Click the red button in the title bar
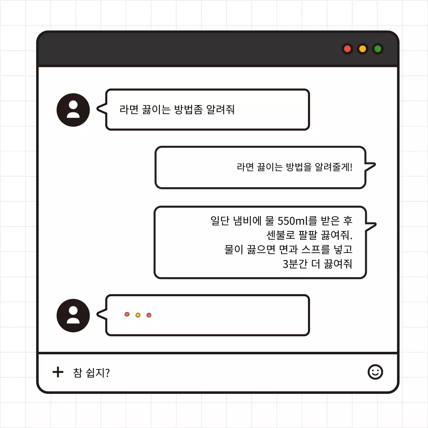coord(347,49)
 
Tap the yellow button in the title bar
coord(362,49)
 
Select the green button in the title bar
coord(378,49)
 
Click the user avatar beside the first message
coord(73,110)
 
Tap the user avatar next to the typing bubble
coord(73,315)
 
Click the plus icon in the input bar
coord(58,372)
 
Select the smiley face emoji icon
coord(375,372)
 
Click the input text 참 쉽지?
coord(91,372)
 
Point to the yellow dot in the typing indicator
coord(138,315)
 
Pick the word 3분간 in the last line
coord(295,264)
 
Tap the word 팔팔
coord(308,235)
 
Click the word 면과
coord(288,249)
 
